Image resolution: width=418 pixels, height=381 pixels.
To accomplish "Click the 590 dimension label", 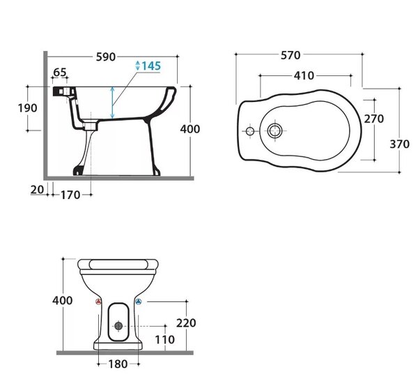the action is click(x=106, y=57).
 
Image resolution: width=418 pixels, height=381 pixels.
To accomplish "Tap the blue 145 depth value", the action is click(x=151, y=66).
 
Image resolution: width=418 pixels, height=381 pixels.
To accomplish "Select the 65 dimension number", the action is click(x=60, y=72).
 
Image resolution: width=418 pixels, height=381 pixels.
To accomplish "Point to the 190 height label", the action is click(x=27, y=108).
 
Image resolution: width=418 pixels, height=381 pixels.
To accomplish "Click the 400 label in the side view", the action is click(x=189, y=129).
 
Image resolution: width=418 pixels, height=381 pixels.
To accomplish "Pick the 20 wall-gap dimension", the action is click(x=37, y=190).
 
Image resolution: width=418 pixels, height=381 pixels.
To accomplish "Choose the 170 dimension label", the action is click(x=70, y=195).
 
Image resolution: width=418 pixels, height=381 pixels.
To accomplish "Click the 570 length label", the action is click(x=291, y=55).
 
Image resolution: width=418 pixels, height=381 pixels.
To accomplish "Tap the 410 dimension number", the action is click(x=304, y=76).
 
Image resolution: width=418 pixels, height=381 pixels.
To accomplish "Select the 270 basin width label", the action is click(x=373, y=119).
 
